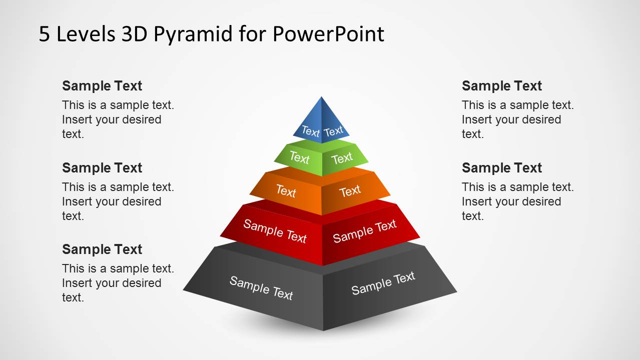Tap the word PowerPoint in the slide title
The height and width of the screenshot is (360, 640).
(328, 34)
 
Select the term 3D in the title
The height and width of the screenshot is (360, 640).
(135, 34)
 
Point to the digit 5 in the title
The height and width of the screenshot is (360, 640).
(45, 34)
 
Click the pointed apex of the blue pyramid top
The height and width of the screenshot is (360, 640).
(321, 97)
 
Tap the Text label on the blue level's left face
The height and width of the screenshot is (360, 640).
(310, 132)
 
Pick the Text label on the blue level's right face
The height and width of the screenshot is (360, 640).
(333, 131)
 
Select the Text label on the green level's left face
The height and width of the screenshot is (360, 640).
(299, 158)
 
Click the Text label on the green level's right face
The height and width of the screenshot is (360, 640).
(342, 158)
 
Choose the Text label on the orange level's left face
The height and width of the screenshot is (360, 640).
(286, 190)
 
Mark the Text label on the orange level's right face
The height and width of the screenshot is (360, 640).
(350, 190)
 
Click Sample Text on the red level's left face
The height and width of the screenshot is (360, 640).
(275, 231)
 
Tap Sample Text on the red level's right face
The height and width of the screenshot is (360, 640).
(365, 231)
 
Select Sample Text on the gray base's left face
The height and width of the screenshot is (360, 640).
(261, 288)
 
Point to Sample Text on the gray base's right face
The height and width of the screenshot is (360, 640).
(383, 283)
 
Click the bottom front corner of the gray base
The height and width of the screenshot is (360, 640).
(323, 330)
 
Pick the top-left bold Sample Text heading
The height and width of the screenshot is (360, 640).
(102, 86)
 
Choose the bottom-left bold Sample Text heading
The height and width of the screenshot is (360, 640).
(102, 249)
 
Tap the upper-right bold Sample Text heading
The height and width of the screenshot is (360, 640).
(502, 86)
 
